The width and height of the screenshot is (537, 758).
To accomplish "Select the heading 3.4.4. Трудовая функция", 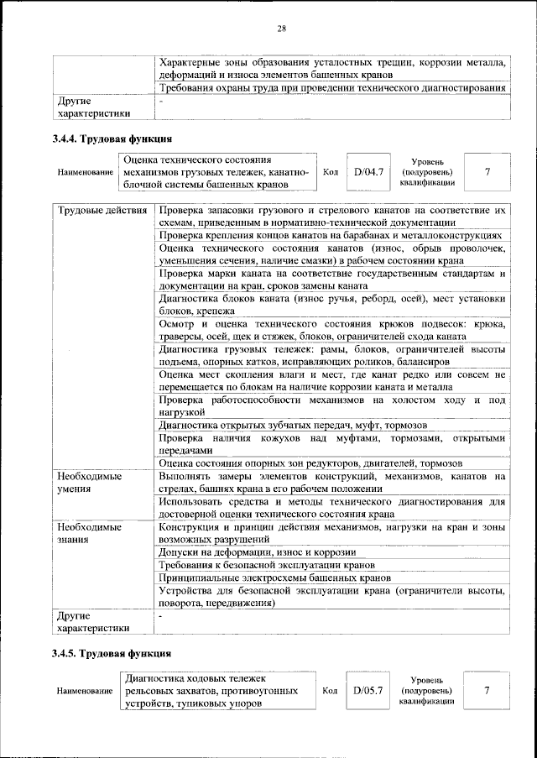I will [x=112, y=139].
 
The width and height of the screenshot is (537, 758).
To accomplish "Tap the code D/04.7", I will [x=368, y=172].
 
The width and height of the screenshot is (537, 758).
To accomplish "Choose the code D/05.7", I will [x=368, y=691].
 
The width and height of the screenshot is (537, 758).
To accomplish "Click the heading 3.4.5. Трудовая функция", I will [x=112, y=653].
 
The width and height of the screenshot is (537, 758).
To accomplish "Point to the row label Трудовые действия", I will [x=102, y=209].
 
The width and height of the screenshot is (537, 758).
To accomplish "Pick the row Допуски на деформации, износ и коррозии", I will [x=257, y=552].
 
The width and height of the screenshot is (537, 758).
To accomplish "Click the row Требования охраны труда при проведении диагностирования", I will [x=331, y=87].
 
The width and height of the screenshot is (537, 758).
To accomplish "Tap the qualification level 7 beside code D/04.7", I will [x=487, y=172].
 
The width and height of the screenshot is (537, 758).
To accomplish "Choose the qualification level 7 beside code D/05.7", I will [x=487, y=691].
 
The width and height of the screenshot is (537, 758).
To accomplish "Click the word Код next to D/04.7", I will [x=330, y=172].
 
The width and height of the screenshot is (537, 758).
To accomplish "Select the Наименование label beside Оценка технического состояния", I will [x=86, y=173].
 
